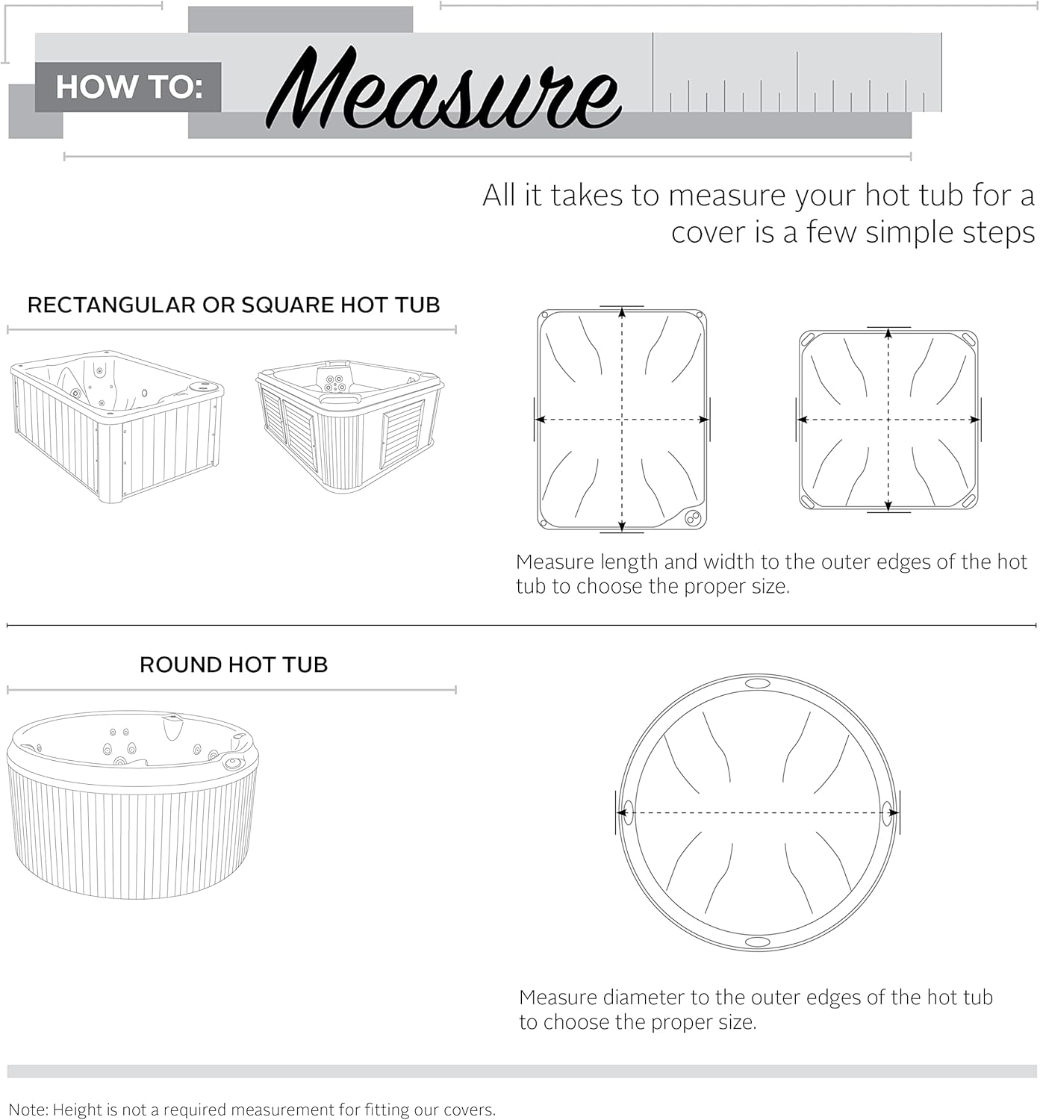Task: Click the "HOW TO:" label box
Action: coord(128,87)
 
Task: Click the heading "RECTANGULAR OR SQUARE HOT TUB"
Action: coord(233,305)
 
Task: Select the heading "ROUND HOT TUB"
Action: coord(233,665)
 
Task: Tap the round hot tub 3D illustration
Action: coord(132,803)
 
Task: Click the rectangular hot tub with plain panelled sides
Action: coord(116,425)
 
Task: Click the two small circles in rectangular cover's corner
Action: coord(692,517)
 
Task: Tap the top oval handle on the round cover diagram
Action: coord(757,683)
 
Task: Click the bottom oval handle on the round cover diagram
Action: coord(757,942)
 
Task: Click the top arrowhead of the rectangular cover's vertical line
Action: coord(622,313)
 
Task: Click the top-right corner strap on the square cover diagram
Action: coord(968,339)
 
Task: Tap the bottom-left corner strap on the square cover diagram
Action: coord(809,500)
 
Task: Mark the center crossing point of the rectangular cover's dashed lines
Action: coord(622,420)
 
